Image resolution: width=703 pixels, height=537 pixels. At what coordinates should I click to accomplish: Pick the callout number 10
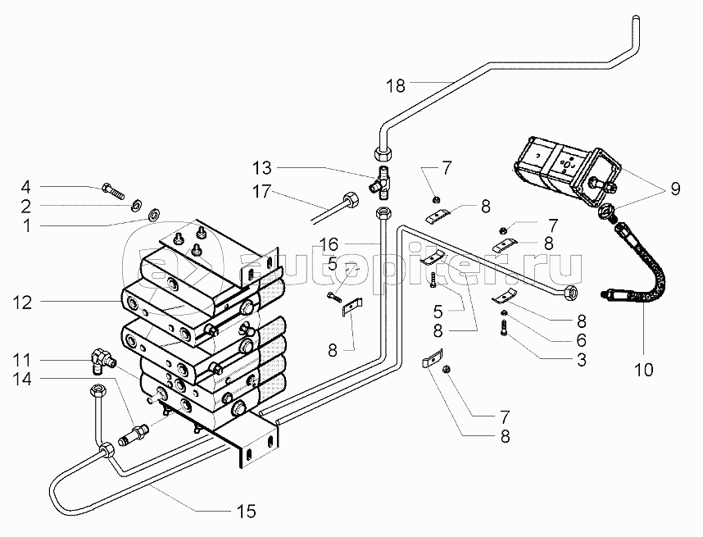pos(643,369)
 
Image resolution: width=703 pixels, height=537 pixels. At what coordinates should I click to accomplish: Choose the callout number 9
pos(674,189)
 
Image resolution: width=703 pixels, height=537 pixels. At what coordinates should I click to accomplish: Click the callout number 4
pos(25,185)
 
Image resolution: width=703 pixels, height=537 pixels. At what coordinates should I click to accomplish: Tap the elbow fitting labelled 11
pos(102,358)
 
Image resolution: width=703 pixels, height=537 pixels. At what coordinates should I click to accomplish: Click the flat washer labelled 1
pos(153,216)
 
